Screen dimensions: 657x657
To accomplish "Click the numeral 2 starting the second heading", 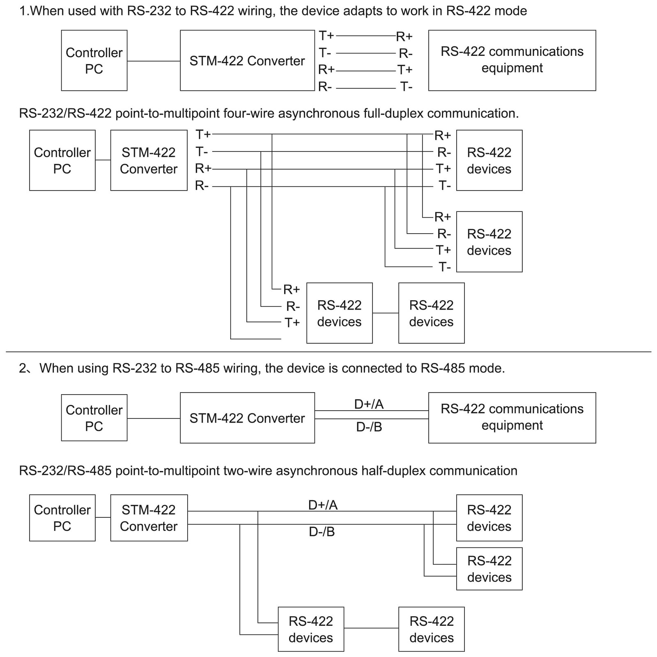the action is click(x=23, y=368).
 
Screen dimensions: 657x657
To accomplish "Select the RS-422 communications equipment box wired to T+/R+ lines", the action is click(x=512, y=60).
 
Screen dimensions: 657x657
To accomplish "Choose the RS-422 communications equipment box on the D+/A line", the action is click(x=512, y=418).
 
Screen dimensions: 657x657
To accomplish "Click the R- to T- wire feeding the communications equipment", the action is click(x=366, y=88).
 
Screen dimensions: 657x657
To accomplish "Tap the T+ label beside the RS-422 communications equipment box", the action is click(x=404, y=70).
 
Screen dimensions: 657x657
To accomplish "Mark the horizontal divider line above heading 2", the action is click(x=328, y=352).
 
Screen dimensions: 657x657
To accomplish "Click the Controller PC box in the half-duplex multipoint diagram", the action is click(x=62, y=518).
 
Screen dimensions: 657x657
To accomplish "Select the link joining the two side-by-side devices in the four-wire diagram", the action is click(x=386, y=313).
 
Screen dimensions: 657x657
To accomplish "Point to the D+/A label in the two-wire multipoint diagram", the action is click(x=323, y=505).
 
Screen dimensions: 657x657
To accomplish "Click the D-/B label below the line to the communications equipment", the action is click(x=369, y=427).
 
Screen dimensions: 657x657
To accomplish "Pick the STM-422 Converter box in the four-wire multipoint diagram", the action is click(x=149, y=160).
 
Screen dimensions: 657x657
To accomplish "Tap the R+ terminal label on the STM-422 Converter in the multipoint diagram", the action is click(x=203, y=168).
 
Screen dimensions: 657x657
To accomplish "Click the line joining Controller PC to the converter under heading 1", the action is click(x=154, y=61).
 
